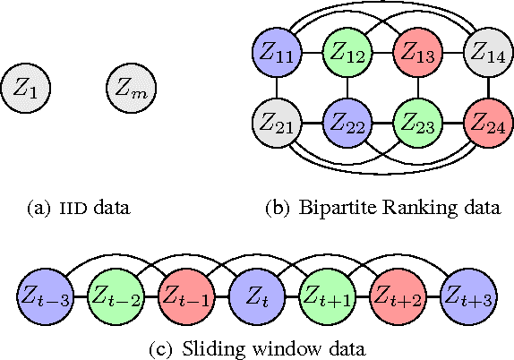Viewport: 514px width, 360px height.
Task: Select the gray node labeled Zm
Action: click(x=131, y=87)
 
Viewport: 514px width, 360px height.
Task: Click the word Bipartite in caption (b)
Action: click(x=325, y=210)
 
